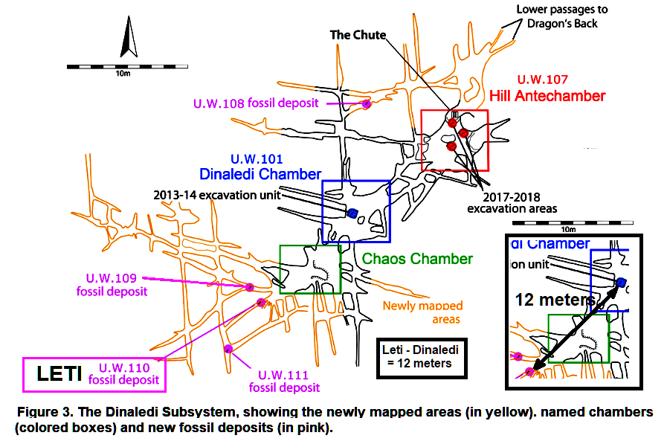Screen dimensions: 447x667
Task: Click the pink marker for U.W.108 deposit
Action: point(366,104)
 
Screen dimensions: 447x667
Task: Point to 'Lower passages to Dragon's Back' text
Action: point(563,16)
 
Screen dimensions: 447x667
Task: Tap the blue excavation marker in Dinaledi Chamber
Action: point(353,213)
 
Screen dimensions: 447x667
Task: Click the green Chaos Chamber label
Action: point(417,259)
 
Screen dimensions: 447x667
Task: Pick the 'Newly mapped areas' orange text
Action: point(422,312)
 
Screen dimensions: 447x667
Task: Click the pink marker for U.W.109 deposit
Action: point(250,286)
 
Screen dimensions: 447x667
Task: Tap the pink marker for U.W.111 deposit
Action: point(228,348)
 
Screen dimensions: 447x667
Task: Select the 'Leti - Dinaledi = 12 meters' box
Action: point(421,356)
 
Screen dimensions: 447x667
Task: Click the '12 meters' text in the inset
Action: point(555,300)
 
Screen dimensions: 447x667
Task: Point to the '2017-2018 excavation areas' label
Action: point(512,203)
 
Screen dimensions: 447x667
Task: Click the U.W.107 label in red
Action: point(542,79)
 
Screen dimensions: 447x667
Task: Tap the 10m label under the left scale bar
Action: point(123,74)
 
